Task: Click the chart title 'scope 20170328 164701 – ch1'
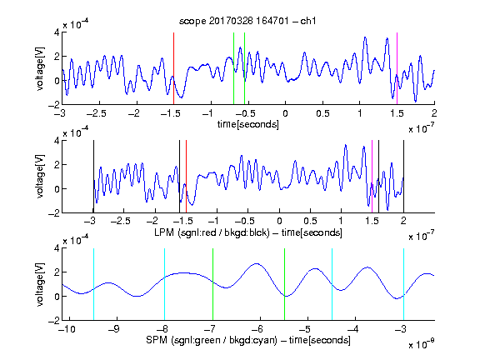(x=247, y=21)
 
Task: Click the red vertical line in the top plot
(x=173, y=68)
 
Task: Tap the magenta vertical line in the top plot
(x=397, y=68)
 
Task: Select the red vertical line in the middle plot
(x=186, y=177)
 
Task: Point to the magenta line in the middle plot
(x=372, y=177)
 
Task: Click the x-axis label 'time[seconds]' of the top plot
(x=248, y=124)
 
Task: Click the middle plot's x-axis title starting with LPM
(x=248, y=232)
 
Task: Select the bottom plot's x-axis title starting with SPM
(x=248, y=340)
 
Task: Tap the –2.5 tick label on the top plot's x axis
(x=97, y=113)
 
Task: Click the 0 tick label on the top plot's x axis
(x=285, y=113)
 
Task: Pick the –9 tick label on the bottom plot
(x=113, y=329)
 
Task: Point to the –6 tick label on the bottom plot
(x=257, y=329)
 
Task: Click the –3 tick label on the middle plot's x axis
(x=90, y=221)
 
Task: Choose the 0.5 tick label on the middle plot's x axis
(x=310, y=221)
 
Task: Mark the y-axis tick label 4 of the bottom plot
(x=57, y=248)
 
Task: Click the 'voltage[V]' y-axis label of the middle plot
(x=40, y=177)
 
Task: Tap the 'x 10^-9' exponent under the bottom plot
(x=421, y=344)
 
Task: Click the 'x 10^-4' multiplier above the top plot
(x=75, y=24)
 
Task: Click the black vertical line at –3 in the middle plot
(x=93, y=177)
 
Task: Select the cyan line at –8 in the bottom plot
(x=165, y=284)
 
